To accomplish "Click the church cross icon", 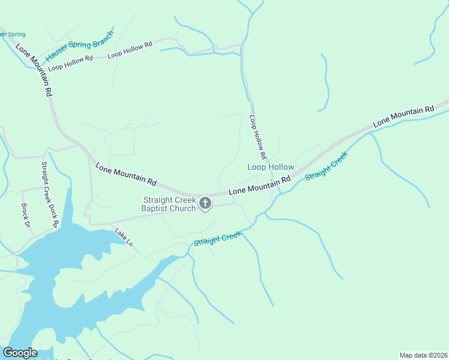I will click(x=205, y=203).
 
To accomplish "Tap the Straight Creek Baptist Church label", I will click(x=169, y=204).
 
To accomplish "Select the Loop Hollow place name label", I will click(x=271, y=167).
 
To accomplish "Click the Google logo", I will click(x=20, y=353).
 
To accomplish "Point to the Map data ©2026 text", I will click(x=423, y=355).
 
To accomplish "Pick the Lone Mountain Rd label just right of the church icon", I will click(x=259, y=184).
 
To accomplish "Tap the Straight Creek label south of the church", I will click(x=217, y=239).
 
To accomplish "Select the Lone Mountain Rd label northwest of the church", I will click(x=125, y=173).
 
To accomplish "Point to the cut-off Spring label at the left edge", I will click(x=12, y=35).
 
